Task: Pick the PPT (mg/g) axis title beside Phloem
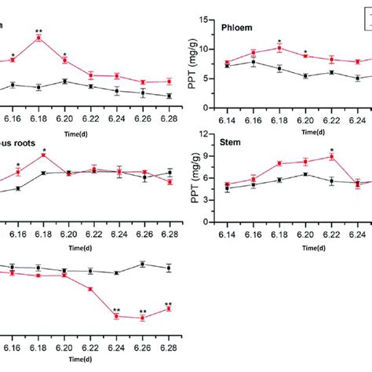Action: (186, 63)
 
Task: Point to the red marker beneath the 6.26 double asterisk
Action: (142, 319)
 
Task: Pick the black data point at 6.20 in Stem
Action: (306, 174)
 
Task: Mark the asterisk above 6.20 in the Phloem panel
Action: (306, 49)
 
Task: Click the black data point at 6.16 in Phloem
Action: (253, 61)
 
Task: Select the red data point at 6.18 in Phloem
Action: (279, 48)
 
